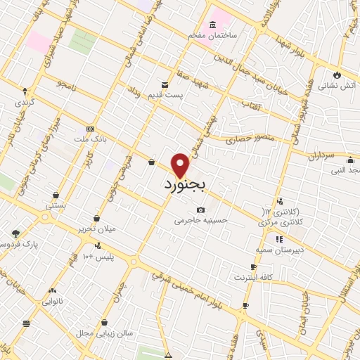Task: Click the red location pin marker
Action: pos(181,165)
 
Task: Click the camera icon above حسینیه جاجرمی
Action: pos(201,210)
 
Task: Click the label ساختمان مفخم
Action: pos(218,34)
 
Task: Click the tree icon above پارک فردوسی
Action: pos(16,233)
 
